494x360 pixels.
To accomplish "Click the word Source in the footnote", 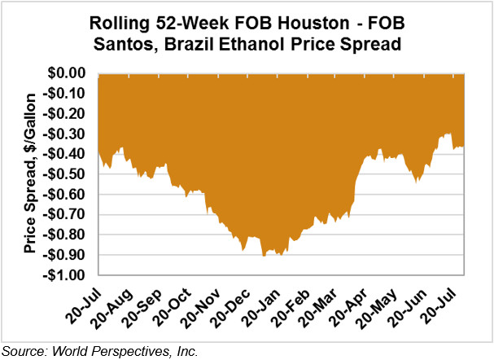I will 22,351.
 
